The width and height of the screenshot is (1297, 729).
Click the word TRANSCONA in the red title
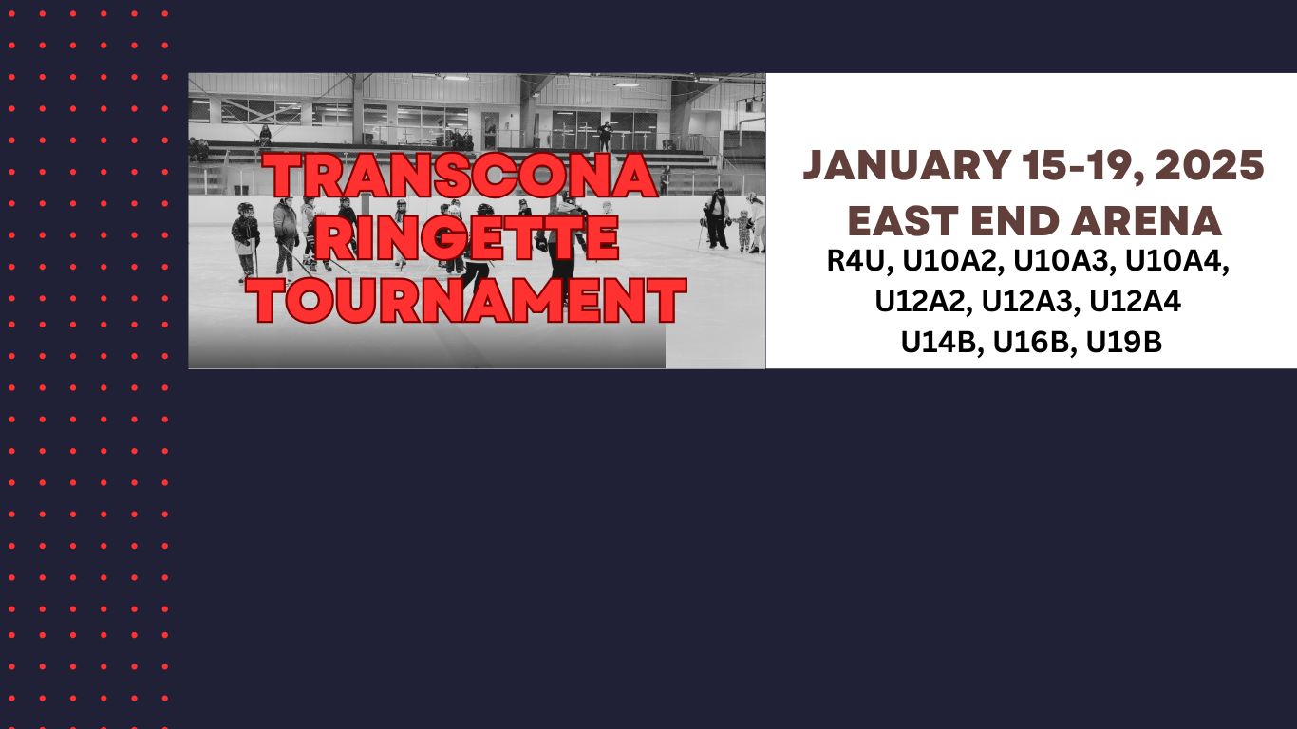tap(461, 178)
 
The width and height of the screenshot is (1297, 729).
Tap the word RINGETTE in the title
tap(466, 239)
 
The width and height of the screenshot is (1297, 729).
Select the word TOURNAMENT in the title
tap(470, 301)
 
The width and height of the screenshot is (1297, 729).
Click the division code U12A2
tap(922, 302)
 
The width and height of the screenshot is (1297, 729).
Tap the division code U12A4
tap(1136, 302)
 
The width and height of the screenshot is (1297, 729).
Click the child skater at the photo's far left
tap(245, 239)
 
